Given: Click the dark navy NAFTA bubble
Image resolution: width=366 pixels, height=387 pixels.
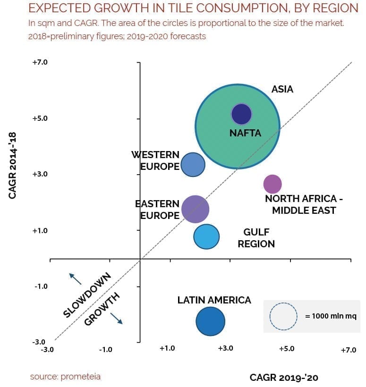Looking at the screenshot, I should tap(242, 114).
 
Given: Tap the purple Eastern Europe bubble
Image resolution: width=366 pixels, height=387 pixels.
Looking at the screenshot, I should tap(195, 209).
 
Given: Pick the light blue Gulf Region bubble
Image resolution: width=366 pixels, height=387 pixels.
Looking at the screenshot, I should tap(206, 236).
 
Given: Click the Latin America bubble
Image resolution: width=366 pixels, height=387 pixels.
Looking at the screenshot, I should tap(210, 321).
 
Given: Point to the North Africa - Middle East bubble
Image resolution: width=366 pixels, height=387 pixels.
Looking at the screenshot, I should tap(272, 184).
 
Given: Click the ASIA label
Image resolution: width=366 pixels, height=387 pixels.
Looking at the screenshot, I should tap(282, 89).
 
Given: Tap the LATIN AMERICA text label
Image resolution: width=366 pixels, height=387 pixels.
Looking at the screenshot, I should tap(214, 300).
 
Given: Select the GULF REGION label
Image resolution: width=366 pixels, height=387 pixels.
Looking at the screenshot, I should tap(256, 238).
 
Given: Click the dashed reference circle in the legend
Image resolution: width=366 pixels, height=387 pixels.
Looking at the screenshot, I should tap(283, 316).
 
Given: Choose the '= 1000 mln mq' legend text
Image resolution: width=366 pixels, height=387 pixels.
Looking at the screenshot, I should tap(330, 316).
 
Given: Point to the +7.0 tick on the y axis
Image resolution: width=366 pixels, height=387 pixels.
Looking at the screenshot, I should tap(40, 62).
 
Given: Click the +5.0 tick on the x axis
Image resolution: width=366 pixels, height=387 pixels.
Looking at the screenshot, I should tap(286, 349).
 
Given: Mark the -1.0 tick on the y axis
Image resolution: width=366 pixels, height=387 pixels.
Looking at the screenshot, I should tap(40, 286).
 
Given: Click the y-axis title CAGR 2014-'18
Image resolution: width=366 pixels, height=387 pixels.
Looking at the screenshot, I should tap(13, 165).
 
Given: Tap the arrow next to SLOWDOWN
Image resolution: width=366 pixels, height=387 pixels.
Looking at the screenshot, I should tap(75, 278).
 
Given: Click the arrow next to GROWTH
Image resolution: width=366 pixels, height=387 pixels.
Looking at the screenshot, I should tap(116, 319).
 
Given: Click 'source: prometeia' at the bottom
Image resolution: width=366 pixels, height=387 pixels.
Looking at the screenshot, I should tap(65, 377).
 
